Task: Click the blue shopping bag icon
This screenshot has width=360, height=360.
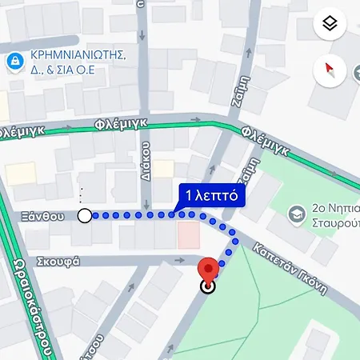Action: pos(14,61)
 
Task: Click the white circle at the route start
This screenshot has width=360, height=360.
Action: pos(84,215)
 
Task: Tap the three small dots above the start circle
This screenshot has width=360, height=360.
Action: pos(80,194)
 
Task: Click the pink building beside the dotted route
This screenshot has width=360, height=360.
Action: pos(188,234)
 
